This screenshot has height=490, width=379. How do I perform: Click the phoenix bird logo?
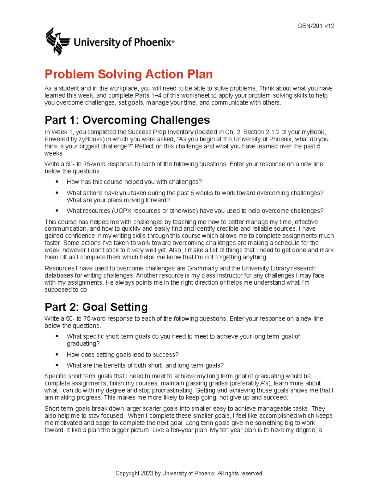tap(57, 41)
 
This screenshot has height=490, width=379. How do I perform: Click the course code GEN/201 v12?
tap(316, 26)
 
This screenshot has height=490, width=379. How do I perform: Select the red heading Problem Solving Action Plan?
tap(129, 74)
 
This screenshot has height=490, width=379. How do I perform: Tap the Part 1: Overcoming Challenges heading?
tap(127, 120)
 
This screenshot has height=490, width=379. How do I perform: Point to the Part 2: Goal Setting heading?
tap(96, 307)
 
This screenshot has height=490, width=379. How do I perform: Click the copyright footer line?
tap(189, 473)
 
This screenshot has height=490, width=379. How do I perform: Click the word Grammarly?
tap(202, 268)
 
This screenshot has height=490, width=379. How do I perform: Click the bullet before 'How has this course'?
tap(57, 181)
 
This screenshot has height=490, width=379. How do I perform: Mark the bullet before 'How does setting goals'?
tap(57, 354)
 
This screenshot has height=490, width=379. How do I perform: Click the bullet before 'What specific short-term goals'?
tap(57, 336)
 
